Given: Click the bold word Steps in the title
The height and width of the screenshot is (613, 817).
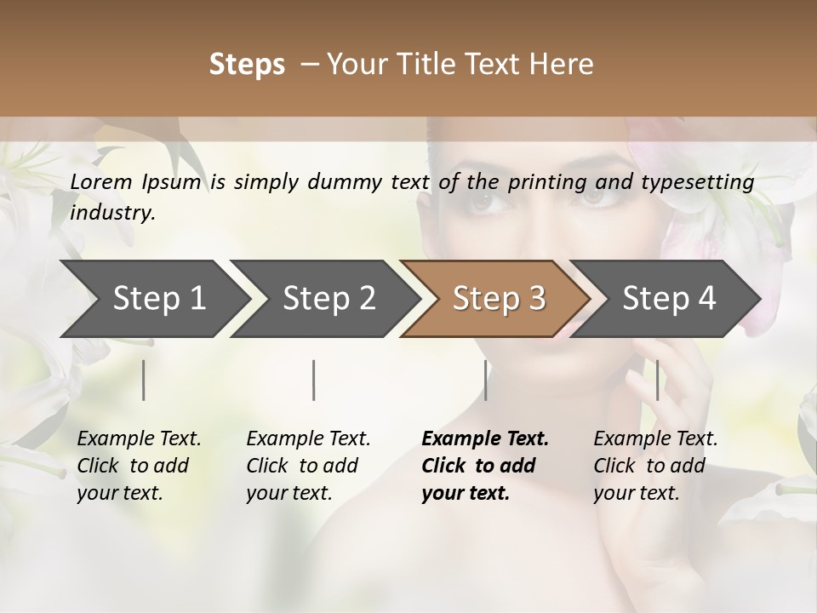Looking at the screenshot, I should pyautogui.click(x=247, y=65).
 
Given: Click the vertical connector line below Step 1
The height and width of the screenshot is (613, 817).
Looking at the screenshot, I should pyautogui.click(x=144, y=380).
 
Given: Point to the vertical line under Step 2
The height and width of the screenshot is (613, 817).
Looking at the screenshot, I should pyautogui.click(x=314, y=380).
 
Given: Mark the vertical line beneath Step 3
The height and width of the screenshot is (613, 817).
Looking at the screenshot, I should pyautogui.click(x=486, y=380).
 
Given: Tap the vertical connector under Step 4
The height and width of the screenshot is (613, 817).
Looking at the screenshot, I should pyautogui.click(x=658, y=380).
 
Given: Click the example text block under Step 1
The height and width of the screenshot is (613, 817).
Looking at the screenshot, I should pyautogui.click(x=139, y=466).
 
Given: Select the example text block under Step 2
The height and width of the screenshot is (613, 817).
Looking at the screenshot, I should pyautogui.click(x=308, y=466).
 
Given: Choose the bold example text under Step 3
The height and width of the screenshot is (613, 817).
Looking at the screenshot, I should pyautogui.click(x=484, y=466).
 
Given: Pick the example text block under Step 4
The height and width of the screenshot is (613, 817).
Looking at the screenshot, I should pyautogui.click(x=655, y=466).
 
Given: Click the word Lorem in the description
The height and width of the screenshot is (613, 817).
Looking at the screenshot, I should pyautogui.click(x=101, y=182).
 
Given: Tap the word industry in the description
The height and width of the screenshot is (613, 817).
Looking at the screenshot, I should pyautogui.click(x=112, y=213).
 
